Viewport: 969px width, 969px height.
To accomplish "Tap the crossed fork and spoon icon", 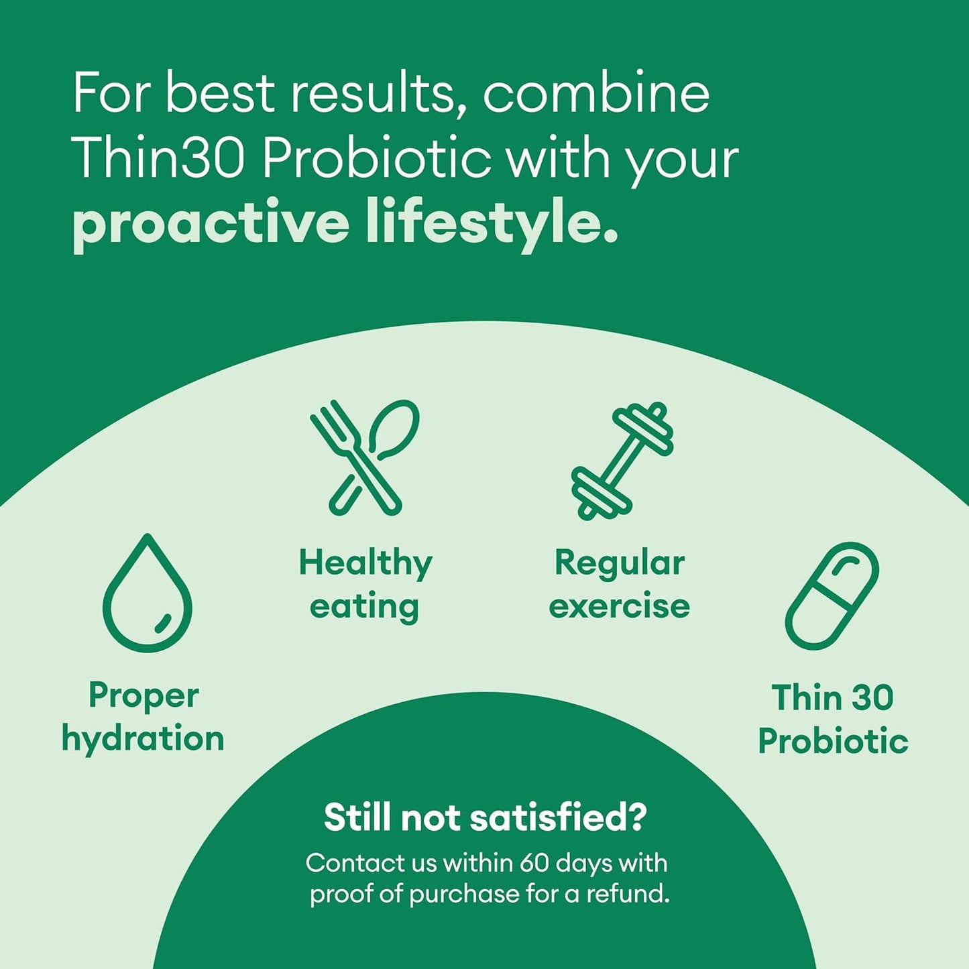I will point(365,457).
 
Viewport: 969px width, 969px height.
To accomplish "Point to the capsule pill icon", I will point(832,595).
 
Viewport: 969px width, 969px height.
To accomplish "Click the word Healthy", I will point(365,563).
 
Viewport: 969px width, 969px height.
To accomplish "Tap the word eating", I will point(364,607).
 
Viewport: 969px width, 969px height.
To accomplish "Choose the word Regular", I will point(619,563).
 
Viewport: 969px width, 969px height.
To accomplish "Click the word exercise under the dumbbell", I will point(619,606).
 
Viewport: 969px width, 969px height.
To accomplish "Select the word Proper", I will point(144,696).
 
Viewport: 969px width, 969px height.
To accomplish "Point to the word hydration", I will point(143,739).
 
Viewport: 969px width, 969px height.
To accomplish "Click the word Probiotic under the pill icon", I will point(833,742).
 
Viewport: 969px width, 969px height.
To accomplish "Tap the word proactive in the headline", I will point(211,224).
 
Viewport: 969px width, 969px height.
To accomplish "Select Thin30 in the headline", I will point(158,158).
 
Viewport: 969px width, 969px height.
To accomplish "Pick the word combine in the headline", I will point(595,93).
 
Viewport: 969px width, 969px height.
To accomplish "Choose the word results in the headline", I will point(373,93).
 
